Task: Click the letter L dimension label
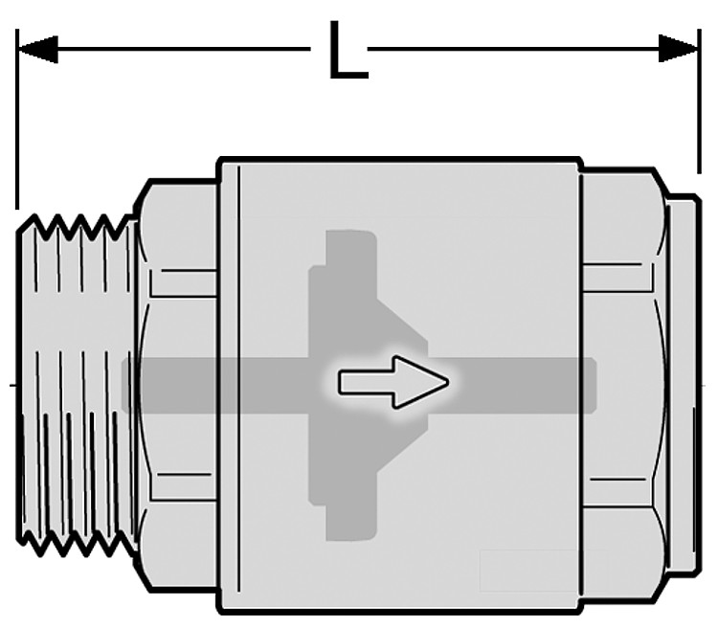pos(348,50)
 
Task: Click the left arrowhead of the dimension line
pos(37,49)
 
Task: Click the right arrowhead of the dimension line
pos(679,48)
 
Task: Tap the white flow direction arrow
pos(393,382)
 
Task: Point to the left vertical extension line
pos(17,119)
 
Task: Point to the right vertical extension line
pos(699,101)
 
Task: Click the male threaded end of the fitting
pos(77,385)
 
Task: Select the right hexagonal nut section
pos(623,385)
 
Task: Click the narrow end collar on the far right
pos(684,385)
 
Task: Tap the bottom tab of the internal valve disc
pos(351,522)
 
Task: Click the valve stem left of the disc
pos(215,385)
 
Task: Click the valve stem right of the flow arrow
pos(522,385)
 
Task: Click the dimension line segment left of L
pos(184,49)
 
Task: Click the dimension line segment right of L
pos(513,48)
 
